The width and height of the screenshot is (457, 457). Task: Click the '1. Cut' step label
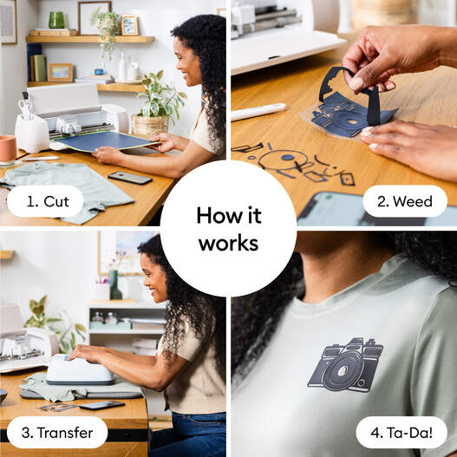click(x=45, y=201)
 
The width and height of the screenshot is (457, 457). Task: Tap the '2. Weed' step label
click(x=406, y=201)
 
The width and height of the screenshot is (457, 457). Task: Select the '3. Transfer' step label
click(x=57, y=432)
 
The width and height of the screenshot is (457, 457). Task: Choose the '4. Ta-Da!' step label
click(x=402, y=432)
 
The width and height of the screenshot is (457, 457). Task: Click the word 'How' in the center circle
click(x=217, y=215)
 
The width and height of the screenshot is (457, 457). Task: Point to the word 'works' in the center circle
click(x=228, y=244)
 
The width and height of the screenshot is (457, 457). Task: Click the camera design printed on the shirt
click(x=345, y=365)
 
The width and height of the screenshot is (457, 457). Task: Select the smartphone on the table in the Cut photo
click(x=129, y=177)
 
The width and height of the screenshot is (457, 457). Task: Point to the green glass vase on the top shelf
click(x=56, y=20)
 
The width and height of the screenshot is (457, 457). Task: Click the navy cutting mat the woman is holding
click(x=105, y=141)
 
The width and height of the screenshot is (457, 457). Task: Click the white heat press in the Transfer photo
click(x=80, y=370)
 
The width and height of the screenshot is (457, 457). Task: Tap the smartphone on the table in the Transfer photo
click(x=101, y=405)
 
